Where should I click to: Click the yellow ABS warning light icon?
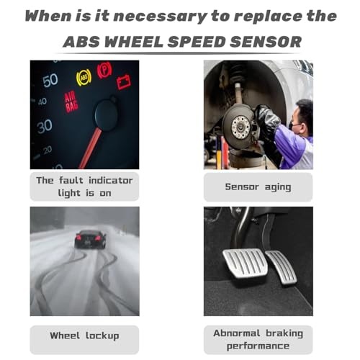pyautogui.click(x=84, y=77)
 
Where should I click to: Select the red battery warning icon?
pyautogui.click(x=125, y=82)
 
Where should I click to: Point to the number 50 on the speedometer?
pyautogui.click(x=50, y=80)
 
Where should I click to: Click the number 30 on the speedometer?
pyautogui.click(x=45, y=126)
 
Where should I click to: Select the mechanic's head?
pyautogui.click(x=303, y=114)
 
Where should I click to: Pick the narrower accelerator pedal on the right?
pyautogui.click(x=283, y=267)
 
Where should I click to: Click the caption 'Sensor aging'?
pyautogui.click(x=258, y=186)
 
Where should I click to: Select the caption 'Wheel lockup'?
pyautogui.click(x=84, y=336)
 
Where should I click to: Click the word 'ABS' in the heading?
pyautogui.click(x=89, y=41)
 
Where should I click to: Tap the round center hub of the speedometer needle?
pyautogui.click(x=107, y=115)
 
